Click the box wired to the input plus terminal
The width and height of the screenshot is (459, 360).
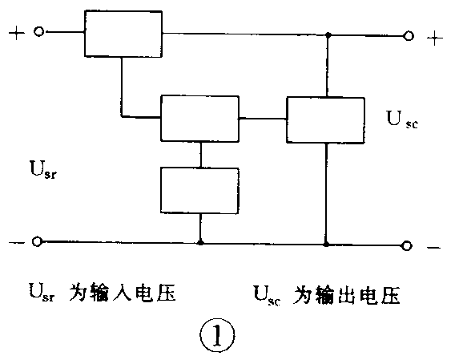(x=122, y=34)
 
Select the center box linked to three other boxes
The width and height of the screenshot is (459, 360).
(x=199, y=118)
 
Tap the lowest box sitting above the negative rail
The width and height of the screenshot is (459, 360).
(x=199, y=189)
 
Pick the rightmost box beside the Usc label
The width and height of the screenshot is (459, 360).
(x=326, y=119)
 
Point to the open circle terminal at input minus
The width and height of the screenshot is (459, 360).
(x=37, y=241)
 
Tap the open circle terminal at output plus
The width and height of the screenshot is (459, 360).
(x=409, y=35)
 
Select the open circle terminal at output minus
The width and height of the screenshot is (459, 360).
(x=409, y=245)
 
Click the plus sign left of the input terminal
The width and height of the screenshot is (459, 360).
(x=14, y=32)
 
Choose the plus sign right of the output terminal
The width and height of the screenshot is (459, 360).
(x=434, y=38)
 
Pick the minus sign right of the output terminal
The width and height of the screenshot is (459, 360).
(x=433, y=248)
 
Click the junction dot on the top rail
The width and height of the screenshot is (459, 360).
(x=327, y=35)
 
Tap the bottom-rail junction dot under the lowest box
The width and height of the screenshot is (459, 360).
(x=199, y=241)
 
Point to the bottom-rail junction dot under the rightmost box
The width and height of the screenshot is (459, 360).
(x=326, y=242)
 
